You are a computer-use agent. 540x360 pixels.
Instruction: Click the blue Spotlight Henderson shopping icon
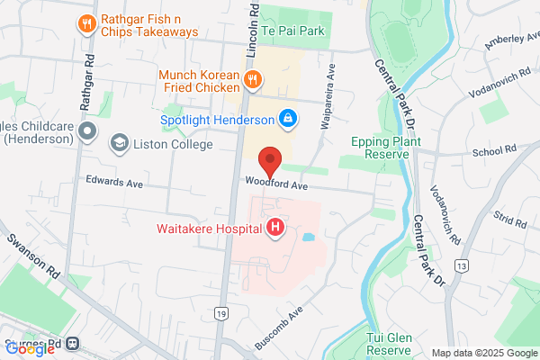pyautogui.click(x=287, y=118)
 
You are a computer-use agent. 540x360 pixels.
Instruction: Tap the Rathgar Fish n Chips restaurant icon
pyautogui.click(x=87, y=24)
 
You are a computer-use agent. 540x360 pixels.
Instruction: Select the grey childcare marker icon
pyautogui.click(x=87, y=133)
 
